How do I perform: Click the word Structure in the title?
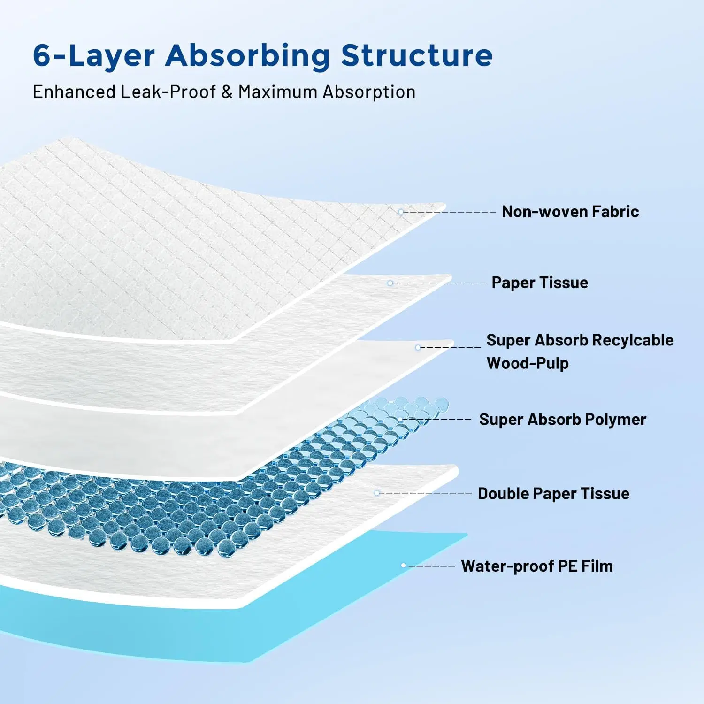[x=417, y=55]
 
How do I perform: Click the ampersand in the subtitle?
[x=227, y=92]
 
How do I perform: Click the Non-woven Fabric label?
[x=570, y=212]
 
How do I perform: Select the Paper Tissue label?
[x=540, y=283]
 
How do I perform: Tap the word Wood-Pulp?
[x=528, y=363]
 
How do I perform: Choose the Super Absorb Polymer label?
[x=563, y=420]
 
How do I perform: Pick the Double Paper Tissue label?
[x=554, y=494]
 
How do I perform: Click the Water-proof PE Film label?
[x=537, y=566]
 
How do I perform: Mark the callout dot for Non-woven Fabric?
[x=401, y=212]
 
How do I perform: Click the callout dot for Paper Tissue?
[x=390, y=283]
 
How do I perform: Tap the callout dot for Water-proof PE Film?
[x=403, y=566]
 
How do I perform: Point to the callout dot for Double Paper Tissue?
[x=377, y=493]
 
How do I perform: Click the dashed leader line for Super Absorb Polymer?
[x=437, y=419]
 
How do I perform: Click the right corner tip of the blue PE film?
[x=467, y=534]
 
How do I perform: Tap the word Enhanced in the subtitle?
[x=74, y=92]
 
